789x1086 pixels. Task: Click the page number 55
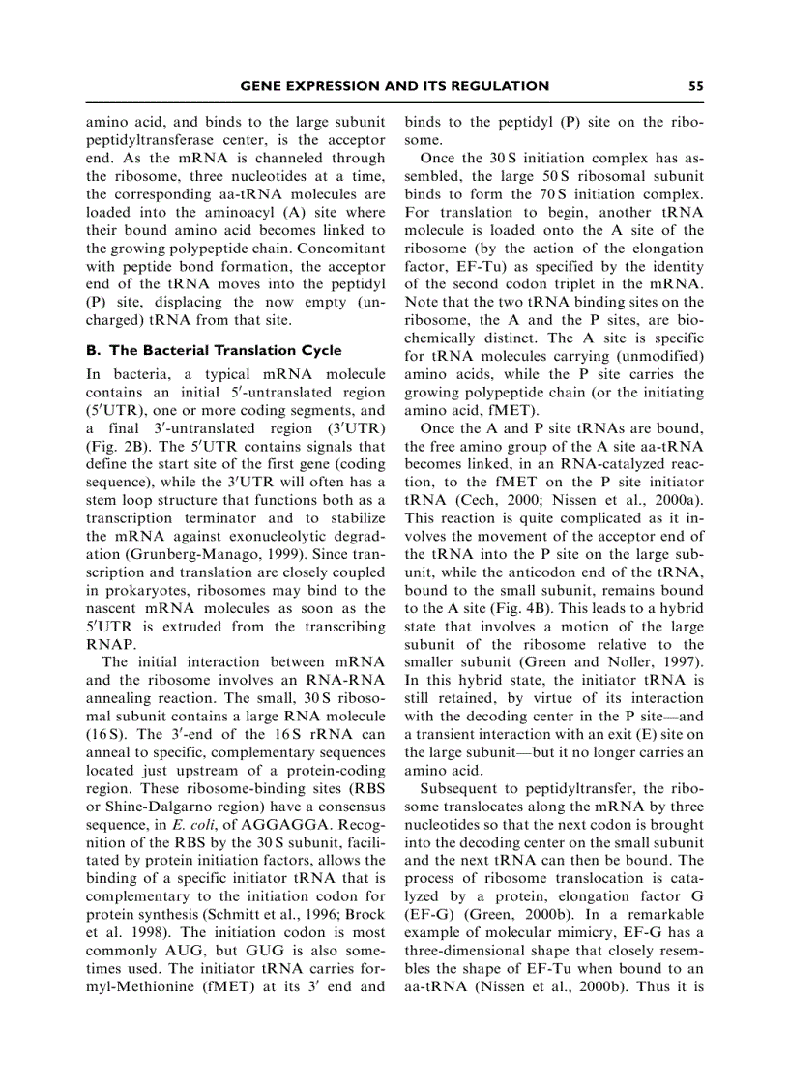point(696,86)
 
